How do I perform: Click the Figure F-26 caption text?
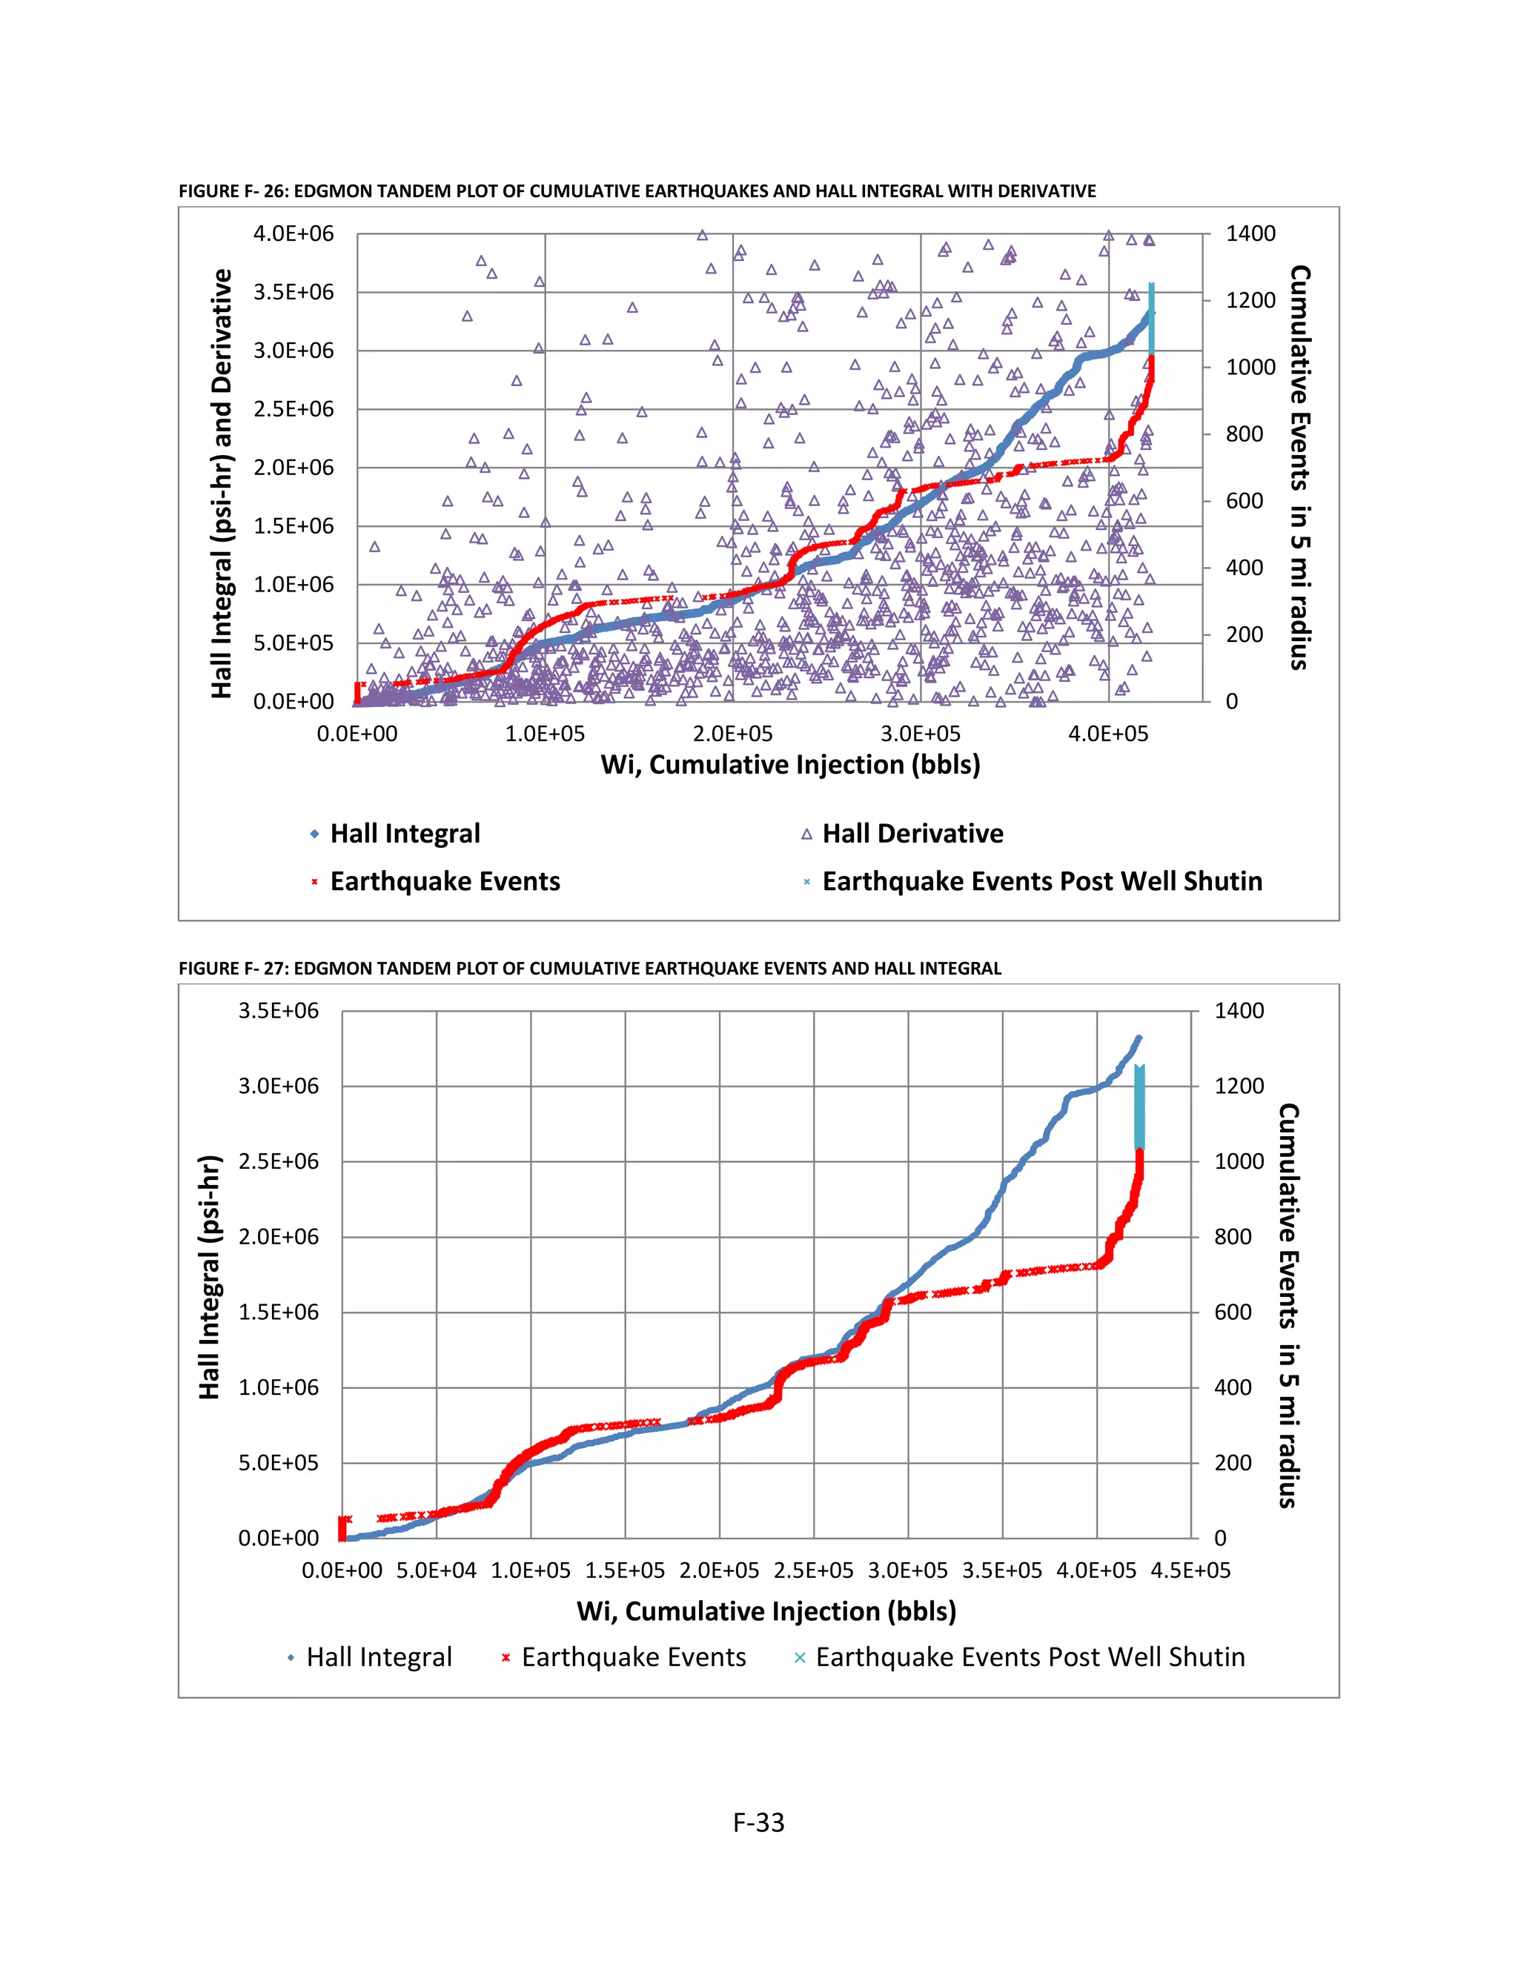tap(637, 190)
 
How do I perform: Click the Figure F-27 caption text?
tap(589, 968)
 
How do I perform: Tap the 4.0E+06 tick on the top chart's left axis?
tap(294, 233)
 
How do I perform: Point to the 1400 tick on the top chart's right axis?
tap(1250, 233)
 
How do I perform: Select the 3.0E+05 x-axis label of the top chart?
tap(920, 734)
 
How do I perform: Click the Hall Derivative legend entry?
tap(912, 834)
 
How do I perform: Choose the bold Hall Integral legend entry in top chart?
tap(405, 834)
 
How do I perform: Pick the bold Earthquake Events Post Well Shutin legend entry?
tap(1041, 881)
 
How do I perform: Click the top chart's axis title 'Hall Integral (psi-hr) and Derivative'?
tap(221, 483)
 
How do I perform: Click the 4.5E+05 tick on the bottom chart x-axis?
tap(1190, 1570)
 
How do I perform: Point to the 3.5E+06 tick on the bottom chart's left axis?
tap(278, 1011)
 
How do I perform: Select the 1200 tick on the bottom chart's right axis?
tap(1239, 1086)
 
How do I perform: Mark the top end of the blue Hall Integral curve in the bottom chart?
tap(1138, 1038)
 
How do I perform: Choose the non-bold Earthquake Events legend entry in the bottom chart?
tap(633, 1656)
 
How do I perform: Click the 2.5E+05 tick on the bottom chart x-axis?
tap(813, 1570)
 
